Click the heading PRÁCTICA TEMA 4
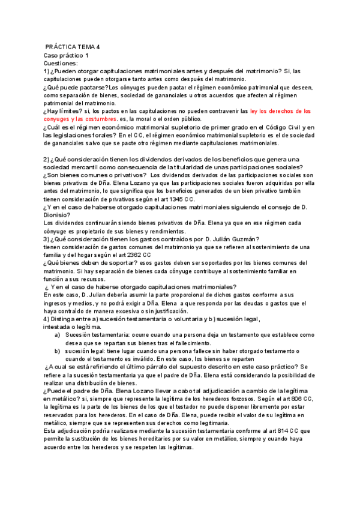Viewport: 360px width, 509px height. tap(73, 47)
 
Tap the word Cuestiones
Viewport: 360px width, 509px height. tap(61, 63)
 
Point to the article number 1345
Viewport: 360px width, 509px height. tap(171, 199)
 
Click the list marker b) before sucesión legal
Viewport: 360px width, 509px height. tap(58, 350)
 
